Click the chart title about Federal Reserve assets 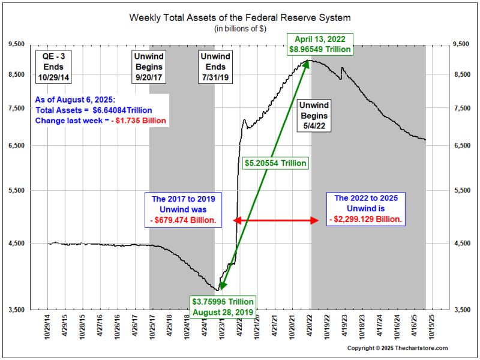[x=239, y=17]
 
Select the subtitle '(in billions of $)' [x=239, y=29]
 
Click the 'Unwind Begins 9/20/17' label [x=149, y=67]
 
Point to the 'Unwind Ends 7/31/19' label [x=214, y=67]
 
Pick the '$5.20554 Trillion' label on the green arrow [x=276, y=163]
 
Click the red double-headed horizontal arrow [x=275, y=220]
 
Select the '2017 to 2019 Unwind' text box [x=184, y=209]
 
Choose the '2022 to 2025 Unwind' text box [x=366, y=209]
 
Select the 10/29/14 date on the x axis [x=48, y=326]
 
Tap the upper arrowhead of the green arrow [x=308, y=62]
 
